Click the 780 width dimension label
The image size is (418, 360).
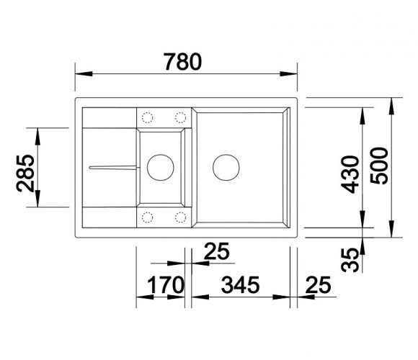click(x=182, y=62)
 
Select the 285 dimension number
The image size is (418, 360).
click(x=25, y=173)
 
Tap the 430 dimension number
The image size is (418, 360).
click(x=350, y=174)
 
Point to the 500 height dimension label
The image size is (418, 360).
click(x=379, y=166)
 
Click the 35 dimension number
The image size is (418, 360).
click(x=350, y=260)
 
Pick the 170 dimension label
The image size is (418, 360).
click(x=166, y=285)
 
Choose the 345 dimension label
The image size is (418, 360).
click(x=240, y=285)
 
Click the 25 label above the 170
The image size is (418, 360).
click(x=216, y=251)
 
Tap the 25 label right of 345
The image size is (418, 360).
click(x=318, y=285)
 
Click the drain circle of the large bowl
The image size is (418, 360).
click(x=226, y=154)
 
